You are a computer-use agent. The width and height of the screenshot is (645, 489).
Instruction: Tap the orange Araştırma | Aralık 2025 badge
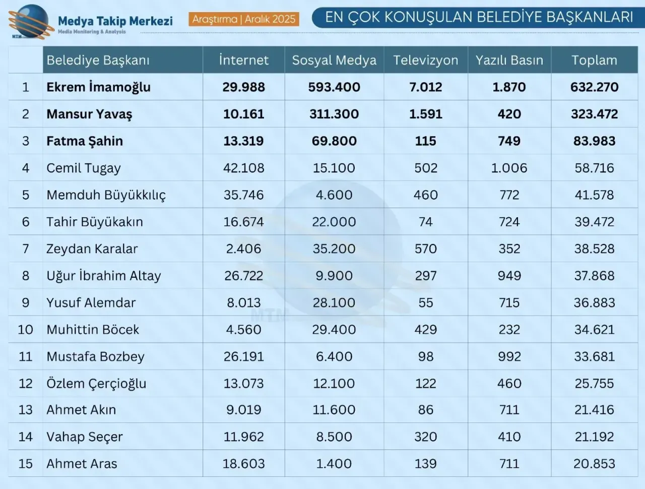point(244,19)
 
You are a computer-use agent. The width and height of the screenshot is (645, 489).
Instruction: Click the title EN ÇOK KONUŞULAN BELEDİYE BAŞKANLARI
point(479,17)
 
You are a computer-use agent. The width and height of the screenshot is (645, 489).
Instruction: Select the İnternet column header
point(244,60)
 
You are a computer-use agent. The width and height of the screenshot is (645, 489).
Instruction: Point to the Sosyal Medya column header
point(334,60)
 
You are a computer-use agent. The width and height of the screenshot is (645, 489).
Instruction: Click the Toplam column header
point(594,60)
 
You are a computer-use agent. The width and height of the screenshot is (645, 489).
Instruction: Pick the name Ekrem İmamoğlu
point(98,87)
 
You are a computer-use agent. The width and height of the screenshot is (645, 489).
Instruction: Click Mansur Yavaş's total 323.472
point(594,114)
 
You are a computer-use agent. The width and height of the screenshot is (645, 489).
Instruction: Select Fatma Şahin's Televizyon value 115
point(426,141)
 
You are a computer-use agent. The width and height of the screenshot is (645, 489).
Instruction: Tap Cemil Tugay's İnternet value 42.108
point(244,168)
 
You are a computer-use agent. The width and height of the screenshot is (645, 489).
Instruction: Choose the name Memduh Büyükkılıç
point(106,195)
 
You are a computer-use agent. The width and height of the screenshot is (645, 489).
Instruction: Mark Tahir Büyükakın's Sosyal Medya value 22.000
point(334,222)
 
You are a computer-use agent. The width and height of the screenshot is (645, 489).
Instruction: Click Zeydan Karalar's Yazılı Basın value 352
point(509,249)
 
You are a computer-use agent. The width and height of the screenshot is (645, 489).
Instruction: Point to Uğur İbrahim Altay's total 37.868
point(594,276)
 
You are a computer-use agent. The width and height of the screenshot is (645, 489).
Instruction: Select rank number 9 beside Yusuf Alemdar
point(26,302)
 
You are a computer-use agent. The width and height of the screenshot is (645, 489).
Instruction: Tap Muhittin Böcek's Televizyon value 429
point(426,330)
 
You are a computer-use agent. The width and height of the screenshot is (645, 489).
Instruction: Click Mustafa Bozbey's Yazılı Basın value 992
point(509,356)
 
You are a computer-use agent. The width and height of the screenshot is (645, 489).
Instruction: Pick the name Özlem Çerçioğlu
point(96,384)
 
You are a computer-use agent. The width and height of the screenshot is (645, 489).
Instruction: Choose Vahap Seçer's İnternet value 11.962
point(244,437)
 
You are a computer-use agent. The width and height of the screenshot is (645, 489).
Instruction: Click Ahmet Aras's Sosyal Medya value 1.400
point(334,464)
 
